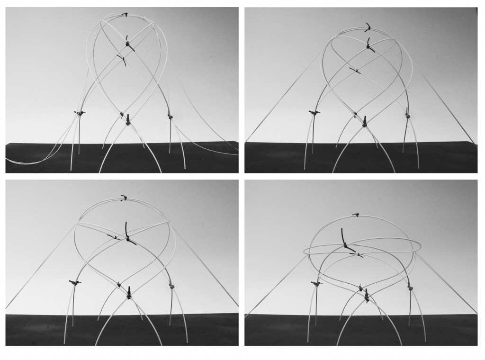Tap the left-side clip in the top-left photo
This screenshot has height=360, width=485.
coord(79,113)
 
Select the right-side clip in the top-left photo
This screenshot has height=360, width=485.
coord(169,116)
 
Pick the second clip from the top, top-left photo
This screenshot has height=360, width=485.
coord(129,45)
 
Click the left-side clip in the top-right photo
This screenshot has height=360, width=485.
coord(313,113)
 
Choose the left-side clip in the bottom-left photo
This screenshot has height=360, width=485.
coord(74,283)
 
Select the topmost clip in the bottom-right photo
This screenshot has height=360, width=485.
coord(355,216)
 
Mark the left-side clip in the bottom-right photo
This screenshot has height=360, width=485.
coord(315,284)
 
